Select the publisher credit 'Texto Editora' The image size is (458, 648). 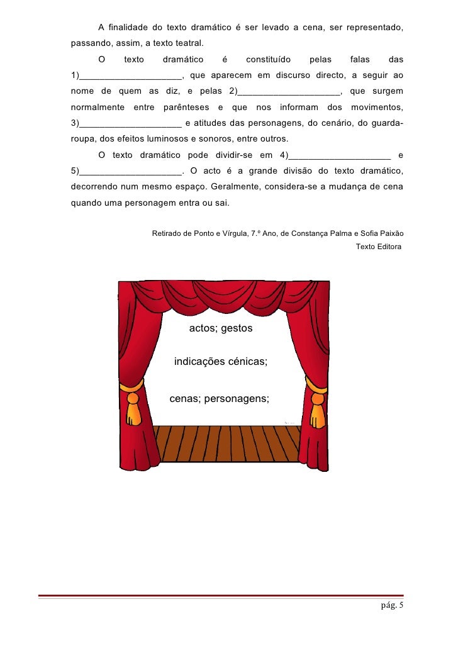[378, 247]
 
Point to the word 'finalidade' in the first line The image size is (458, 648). [131, 29]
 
